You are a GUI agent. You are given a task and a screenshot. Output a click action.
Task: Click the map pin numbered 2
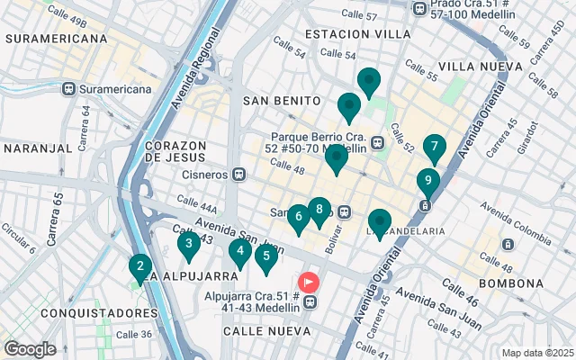click(x=139, y=267)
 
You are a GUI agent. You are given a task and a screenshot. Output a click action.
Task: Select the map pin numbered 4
click(x=239, y=252)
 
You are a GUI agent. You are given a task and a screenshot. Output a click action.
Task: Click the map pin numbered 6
click(x=298, y=217)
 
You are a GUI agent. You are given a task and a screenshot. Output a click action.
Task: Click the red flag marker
click(x=309, y=282)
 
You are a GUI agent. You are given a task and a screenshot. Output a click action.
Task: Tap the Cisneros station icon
click(x=239, y=175)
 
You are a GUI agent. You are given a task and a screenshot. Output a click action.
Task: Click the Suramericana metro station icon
click(x=68, y=89)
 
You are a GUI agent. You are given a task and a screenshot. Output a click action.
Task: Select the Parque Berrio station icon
click(x=375, y=142)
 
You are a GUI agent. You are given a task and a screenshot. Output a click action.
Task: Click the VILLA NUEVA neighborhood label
click(x=480, y=67)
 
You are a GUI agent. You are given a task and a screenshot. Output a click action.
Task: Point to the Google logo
click(x=30, y=348)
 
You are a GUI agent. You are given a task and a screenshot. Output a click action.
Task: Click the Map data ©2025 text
click(x=536, y=353)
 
